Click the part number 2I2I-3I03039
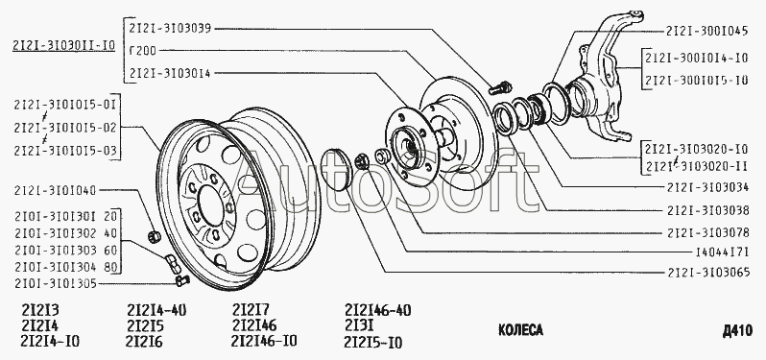pyautogui.click(x=170, y=29)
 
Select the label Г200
pyautogui.click(x=143, y=50)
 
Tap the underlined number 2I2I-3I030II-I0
pyautogui.click(x=63, y=46)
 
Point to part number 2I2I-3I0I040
pyautogui.click(x=56, y=190)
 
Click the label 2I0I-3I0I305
pyautogui.click(x=56, y=284)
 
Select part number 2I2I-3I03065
pyautogui.click(x=708, y=272)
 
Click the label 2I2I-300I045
pyautogui.click(x=706, y=31)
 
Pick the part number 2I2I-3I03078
pyautogui.click(x=708, y=232)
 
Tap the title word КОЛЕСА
pyautogui.click(x=520, y=330)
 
